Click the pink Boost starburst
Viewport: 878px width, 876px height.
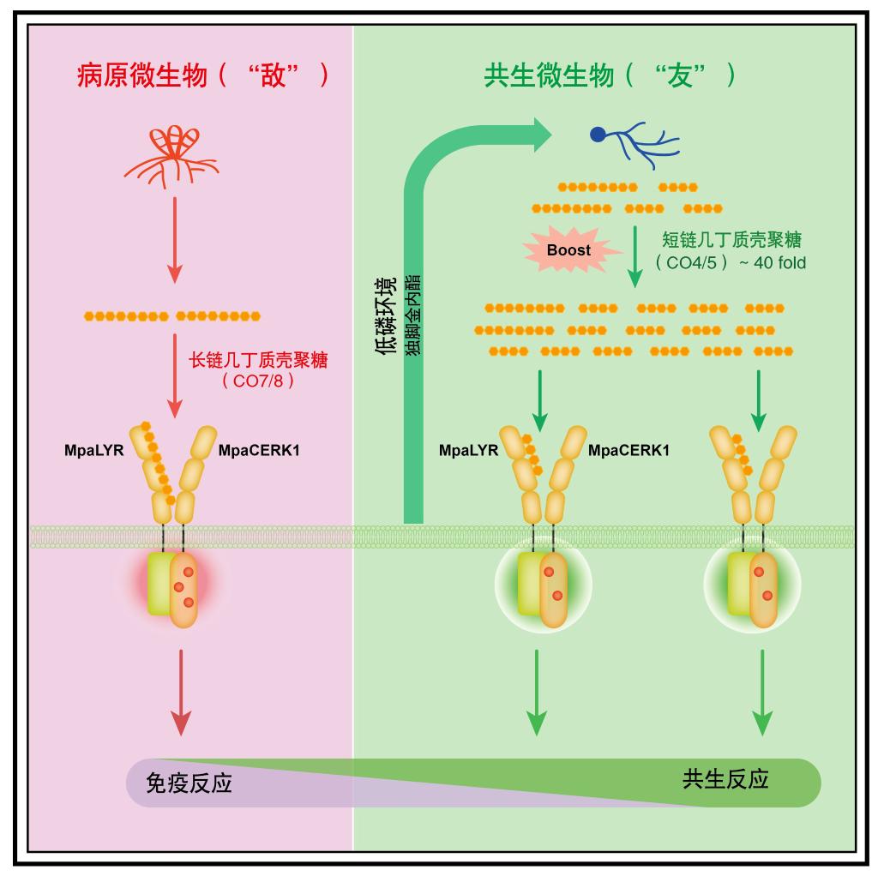(x=568, y=251)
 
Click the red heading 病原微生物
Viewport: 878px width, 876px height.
(x=141, y=76)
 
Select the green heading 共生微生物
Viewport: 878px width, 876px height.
(x=549, y=76)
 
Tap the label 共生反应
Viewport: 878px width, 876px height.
(x=725, y=778)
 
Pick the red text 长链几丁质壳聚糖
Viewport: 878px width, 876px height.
(x=258, y=359)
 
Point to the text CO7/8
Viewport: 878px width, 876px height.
(x=258, y=381)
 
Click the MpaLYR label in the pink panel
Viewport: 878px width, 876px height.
(x=94, y=448)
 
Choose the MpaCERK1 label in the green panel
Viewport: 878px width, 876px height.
(x=628, y=448)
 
